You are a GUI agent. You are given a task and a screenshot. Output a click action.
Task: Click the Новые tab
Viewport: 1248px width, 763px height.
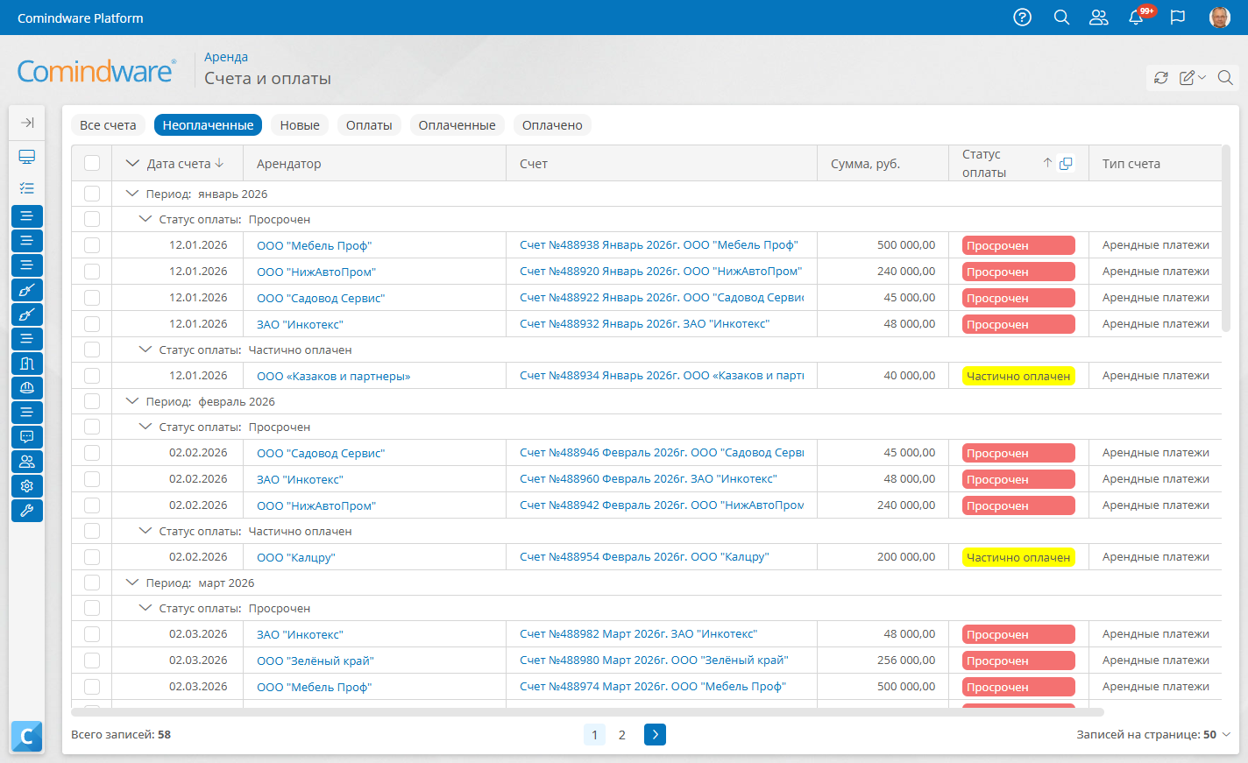(x=300, y=125)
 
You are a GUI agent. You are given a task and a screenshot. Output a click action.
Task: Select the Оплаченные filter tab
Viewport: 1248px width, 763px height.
(x=457, y=125)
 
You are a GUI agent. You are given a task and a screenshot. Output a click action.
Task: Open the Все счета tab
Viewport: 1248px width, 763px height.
(x=108, y=125)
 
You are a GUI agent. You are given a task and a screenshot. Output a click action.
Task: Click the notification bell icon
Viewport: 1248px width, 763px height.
(x=1136, y=18)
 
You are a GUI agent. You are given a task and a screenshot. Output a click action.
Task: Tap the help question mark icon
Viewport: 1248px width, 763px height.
(x=1022, y=18)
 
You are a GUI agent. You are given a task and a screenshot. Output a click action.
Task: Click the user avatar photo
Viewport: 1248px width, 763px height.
(x=1219, y=18)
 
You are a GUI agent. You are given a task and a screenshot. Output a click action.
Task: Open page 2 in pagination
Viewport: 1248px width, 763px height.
(x=621, y=735)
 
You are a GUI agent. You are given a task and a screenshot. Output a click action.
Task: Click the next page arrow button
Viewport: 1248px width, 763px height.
(x=655, y=735)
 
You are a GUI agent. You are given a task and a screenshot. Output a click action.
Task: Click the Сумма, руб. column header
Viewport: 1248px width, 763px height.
(x=865, y=164)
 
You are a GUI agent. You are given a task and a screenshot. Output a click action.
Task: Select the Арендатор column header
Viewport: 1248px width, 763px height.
(x=288, y=164)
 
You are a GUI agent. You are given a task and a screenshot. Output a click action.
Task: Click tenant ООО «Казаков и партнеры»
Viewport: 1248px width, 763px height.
(x=333, y=376)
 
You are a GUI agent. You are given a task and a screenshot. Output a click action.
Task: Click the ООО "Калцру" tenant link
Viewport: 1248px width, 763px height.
(x=296, y=557)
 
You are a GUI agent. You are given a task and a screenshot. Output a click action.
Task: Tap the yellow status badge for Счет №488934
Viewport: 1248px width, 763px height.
(x=1018, y=376)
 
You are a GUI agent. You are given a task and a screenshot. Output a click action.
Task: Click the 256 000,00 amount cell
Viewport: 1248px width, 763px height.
(x=906, y=660)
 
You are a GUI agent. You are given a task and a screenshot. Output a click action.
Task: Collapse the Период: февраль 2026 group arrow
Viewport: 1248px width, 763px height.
(x=132, y=401)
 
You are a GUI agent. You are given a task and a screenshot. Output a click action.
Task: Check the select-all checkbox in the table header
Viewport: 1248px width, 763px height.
(x=92, y=163)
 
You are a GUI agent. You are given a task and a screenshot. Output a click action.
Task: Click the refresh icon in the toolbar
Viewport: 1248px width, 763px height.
(x=1160, y=77)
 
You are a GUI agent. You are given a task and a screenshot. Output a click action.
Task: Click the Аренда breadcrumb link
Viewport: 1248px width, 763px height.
(x=225, y=57)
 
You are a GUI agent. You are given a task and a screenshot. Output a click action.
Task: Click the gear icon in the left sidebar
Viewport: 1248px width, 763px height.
(x=27, y=486)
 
